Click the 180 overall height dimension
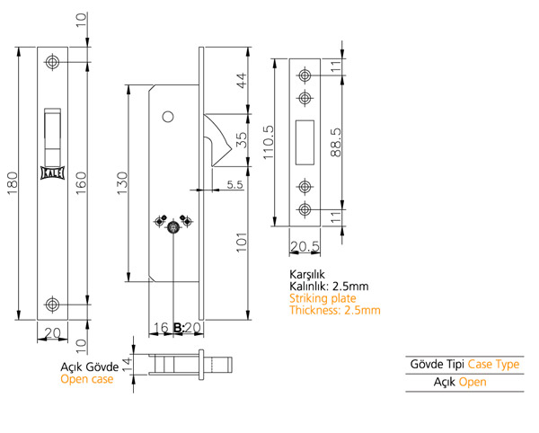pyautogui.click(x=13, y=183)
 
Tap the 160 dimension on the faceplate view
pyautogui.click(x=81, y=183)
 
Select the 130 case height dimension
pyautogui.click(x=122, y=183)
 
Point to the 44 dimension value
pyautogui.click(x=242, y=81)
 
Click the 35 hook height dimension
pyautogui.click(x=242, y=140)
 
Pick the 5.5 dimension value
pyautogui.click(x=234, y=184)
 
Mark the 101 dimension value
pyautogui.click(x=242, y=243)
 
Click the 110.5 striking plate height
pyautogui.click(x=269, y=142)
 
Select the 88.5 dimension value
pyautogui.click(x=336, y=142)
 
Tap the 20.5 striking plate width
pyautogui.click(x=305, y=246)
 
